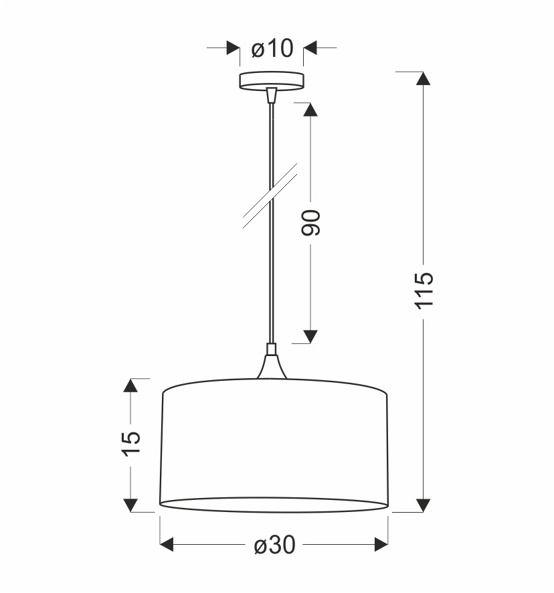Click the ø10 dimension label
click(x=272, y=48)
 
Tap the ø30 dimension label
click(x=274, y=545)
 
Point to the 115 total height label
click(x=424, y=290)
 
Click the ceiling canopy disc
click(x=272, y=80)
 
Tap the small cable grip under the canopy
click(x=272, y=95)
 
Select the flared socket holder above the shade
click(x=272, y=366)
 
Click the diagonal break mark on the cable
click(x=270, y=196)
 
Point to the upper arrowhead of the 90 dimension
click(x=310, y=110)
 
